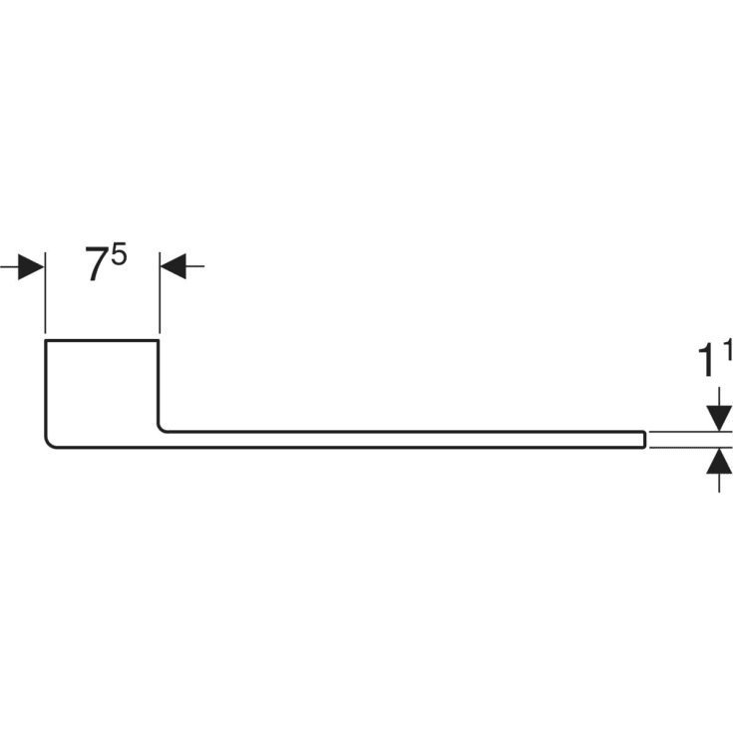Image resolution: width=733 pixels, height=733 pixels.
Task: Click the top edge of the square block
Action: [x=103, y=341]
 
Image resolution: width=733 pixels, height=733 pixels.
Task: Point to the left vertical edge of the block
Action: [x=46, y=389]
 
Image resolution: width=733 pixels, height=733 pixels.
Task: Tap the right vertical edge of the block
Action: [x=160, y=384]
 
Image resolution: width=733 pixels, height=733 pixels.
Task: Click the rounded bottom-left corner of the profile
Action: [x=50, y=444]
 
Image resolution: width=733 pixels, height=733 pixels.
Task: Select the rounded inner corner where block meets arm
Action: [x=163, y=429]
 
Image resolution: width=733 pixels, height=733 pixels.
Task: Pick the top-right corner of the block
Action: [x=160, y=342]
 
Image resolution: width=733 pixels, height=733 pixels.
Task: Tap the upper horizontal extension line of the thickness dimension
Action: [x=688, y=432]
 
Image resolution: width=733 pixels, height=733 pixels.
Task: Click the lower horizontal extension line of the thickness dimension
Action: [x=688, y=448]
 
